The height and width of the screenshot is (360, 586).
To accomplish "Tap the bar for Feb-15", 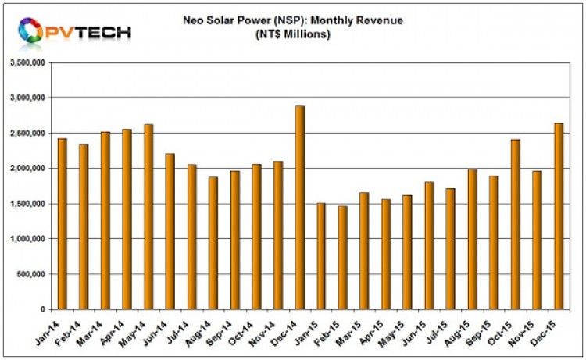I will click(x=341, y=258).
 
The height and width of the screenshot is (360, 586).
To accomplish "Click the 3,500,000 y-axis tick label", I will click(x=27, y=62).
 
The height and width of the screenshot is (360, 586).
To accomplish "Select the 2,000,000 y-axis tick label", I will click(x=27, y=169).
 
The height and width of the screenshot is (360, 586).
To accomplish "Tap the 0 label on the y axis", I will click(x=43, y=310).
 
